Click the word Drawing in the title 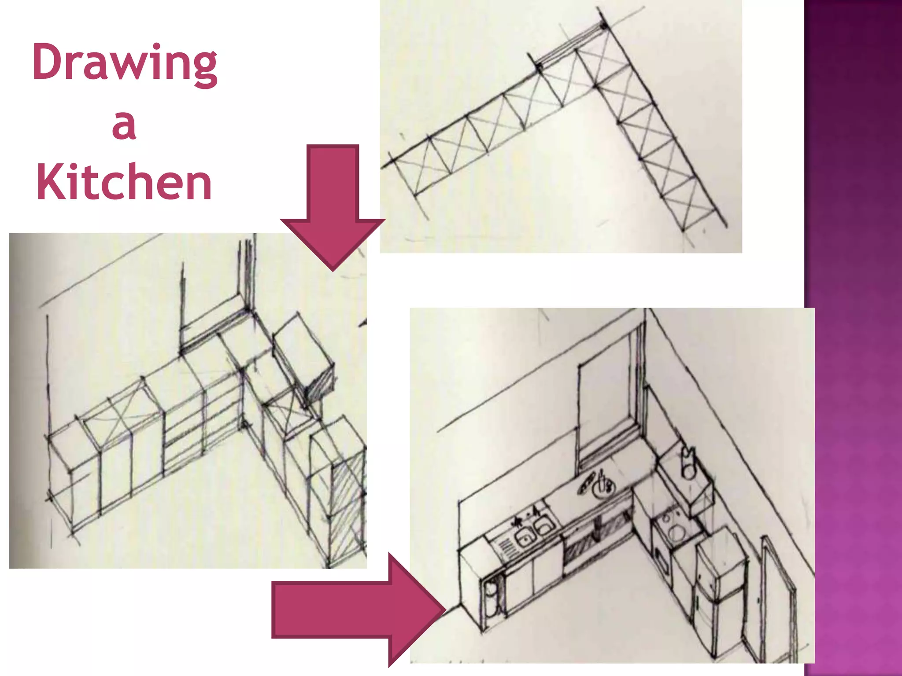pos(125,63)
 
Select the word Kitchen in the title pos(124,182)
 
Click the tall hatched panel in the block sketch pos(348,506)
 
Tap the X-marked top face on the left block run pos(117,416)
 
